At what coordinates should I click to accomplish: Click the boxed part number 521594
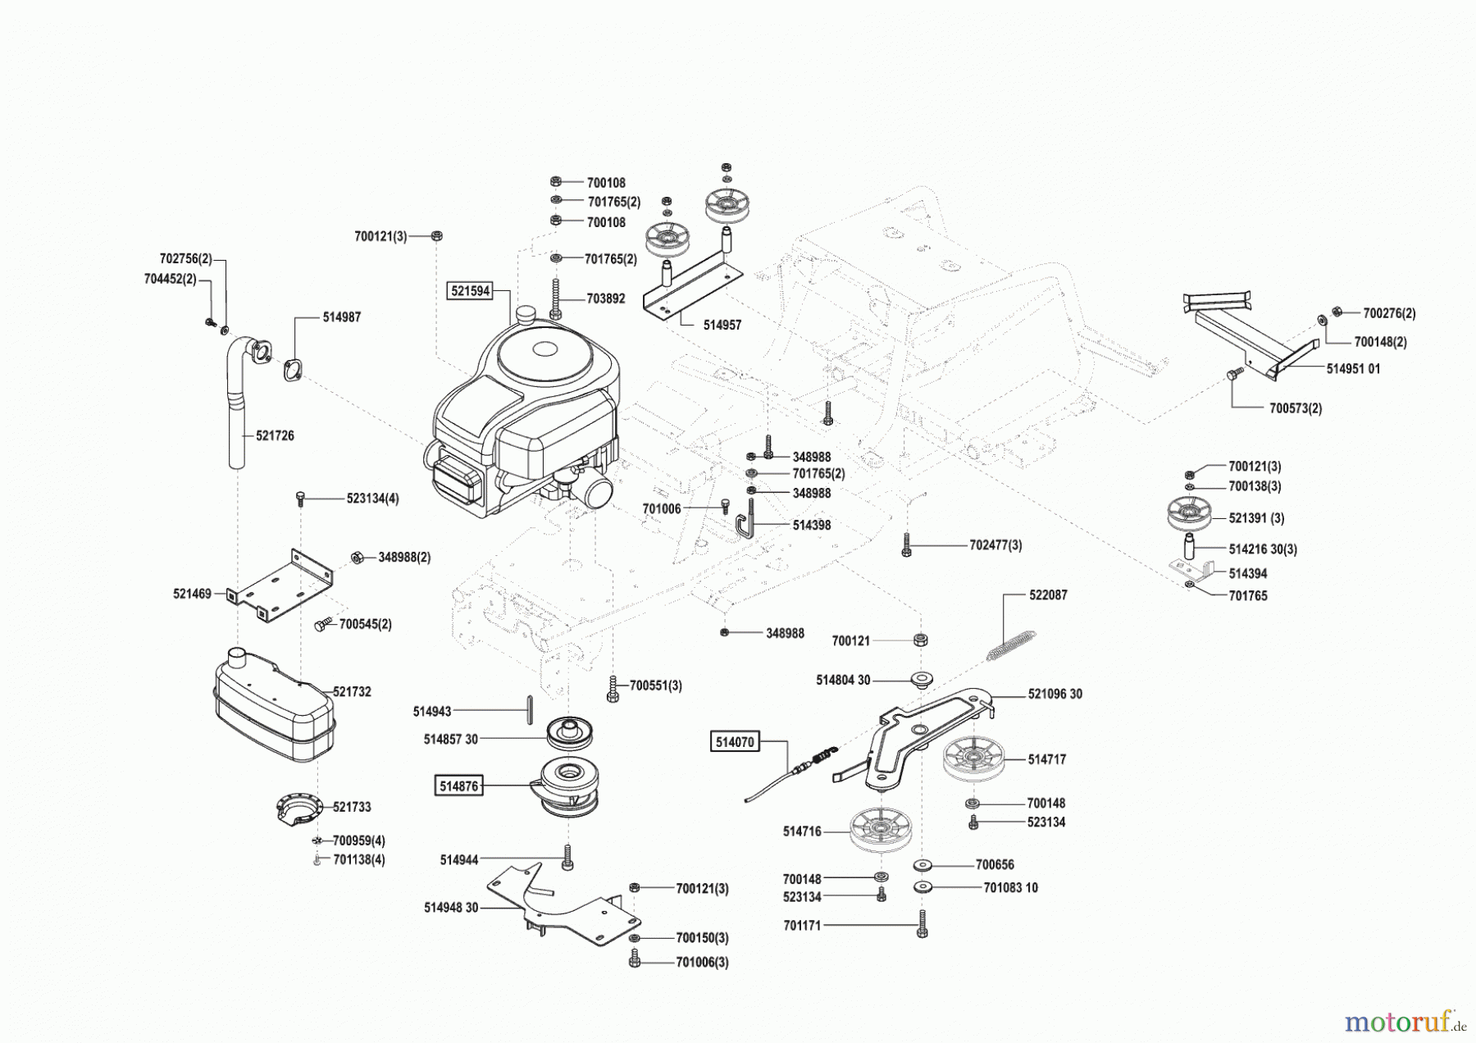(469, 290)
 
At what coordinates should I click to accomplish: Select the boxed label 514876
(458, 786)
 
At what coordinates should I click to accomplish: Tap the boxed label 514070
(735, 743)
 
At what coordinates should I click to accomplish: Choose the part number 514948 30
(451, 908)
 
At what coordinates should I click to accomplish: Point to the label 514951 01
(1353, 369)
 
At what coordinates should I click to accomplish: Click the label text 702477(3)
(995, 545)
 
